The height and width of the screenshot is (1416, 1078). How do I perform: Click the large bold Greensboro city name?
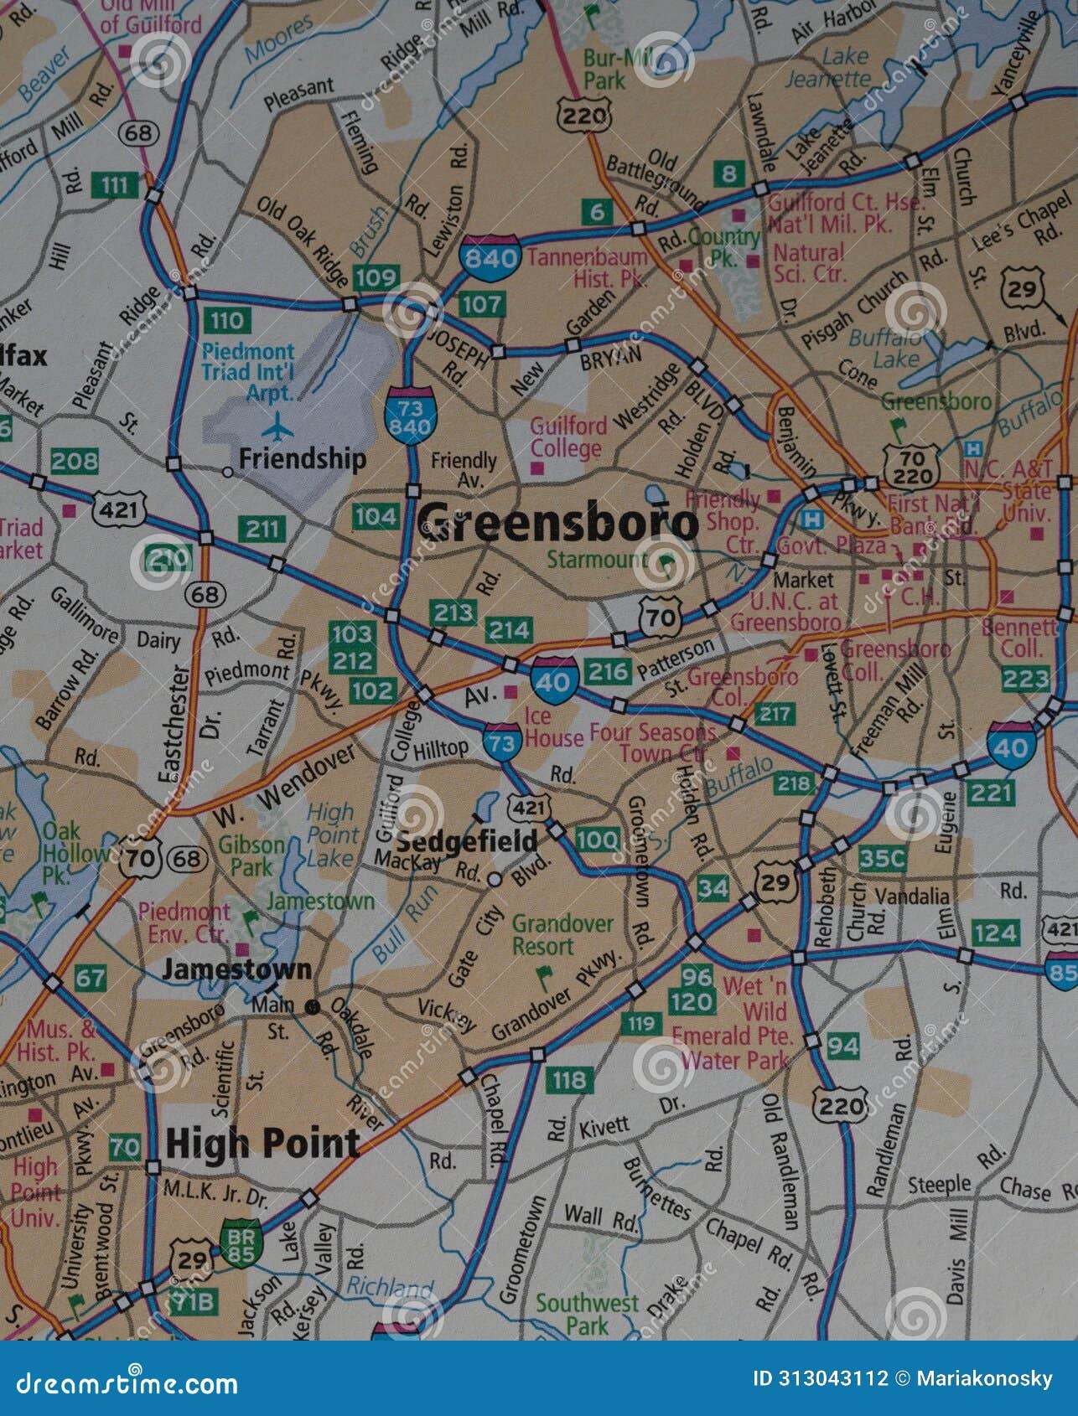tap(557, 524)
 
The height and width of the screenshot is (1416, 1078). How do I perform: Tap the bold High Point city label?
tap(262, 1143)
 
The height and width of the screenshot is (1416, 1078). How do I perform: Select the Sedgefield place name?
tap(467, 841)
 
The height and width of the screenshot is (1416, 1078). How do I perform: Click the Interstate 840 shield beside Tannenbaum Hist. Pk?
tap(490, 256)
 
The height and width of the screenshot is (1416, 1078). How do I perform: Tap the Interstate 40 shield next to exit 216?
tap(553, 680)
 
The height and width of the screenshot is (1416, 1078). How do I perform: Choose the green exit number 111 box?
tap(114, 184)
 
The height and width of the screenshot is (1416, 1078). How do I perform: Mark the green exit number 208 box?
tap(74, 460)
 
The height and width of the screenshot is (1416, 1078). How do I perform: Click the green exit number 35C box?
tap(884, 858)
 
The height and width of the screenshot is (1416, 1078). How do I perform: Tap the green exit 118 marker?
tap(568, 1079)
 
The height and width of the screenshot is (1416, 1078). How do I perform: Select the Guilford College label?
tap(568, 437)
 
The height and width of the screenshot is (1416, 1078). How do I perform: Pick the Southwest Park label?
tap(588, 1314)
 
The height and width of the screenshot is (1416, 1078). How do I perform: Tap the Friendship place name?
tap(302, 458)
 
